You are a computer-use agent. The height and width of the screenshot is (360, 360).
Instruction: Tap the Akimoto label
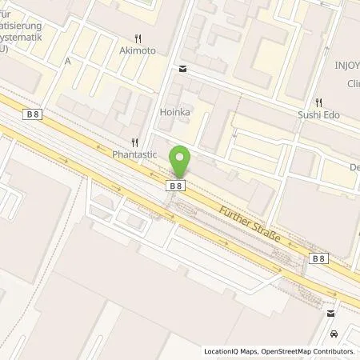(138, 50)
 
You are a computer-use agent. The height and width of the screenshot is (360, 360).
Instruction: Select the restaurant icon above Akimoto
(138, 38)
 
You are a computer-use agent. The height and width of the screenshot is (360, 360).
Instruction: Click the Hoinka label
(175, 113)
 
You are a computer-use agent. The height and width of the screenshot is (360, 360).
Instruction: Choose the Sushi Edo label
(321, 115)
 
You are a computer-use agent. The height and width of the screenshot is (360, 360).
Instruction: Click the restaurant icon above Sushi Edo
(319, 102)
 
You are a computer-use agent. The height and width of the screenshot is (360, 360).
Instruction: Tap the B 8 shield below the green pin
(177, 186)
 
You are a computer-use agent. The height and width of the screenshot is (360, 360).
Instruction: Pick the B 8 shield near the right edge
(318, 258)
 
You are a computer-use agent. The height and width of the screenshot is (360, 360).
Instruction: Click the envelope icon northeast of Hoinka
(183, 70)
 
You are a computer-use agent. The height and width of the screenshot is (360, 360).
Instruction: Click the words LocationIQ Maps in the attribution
(231, 352)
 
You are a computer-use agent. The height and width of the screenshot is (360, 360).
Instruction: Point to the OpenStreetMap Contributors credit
(308, 352)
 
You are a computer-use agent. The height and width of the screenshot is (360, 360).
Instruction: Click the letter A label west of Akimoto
(68, 61)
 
